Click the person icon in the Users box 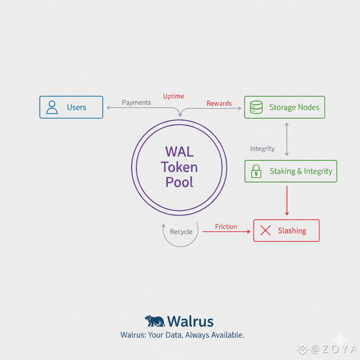[x=52, y=107]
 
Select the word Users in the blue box [x=77, y=107]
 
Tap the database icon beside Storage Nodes [x=257, y=107]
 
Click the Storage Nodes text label [x=294, y=107]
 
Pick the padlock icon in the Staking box [x=257, y=171]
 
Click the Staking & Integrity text [x=300, y=171]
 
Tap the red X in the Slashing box [x=265, y=231]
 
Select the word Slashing [x=292, y=231]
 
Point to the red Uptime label [x=173, y=96]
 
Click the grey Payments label [x=137, y=103]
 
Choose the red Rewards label [x=219, y=103]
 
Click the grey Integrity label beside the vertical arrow [x=262, y=149]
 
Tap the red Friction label [x=226, y=227]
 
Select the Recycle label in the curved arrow [x=181, y=232]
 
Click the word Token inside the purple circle [x=179, y=167]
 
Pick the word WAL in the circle [x=179, y=152]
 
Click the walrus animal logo [x=155, y=321]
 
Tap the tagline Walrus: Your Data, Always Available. [x=182, y=335]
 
